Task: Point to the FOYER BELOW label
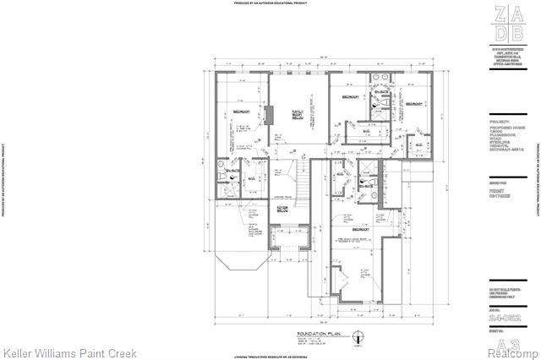[x=282, y=208]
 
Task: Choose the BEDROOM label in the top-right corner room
[x=413, y=104]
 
